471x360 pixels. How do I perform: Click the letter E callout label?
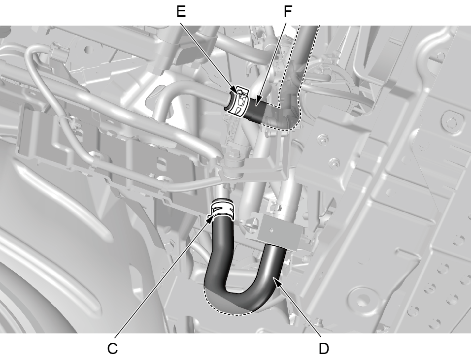181,11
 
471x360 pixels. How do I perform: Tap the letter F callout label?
288,11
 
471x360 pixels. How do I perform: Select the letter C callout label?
113,349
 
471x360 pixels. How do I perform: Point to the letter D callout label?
324,349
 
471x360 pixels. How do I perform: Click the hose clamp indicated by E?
240,101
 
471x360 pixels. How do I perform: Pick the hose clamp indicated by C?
222,209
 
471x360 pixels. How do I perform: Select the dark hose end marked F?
255,111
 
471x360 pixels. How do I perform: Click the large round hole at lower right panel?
362,299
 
